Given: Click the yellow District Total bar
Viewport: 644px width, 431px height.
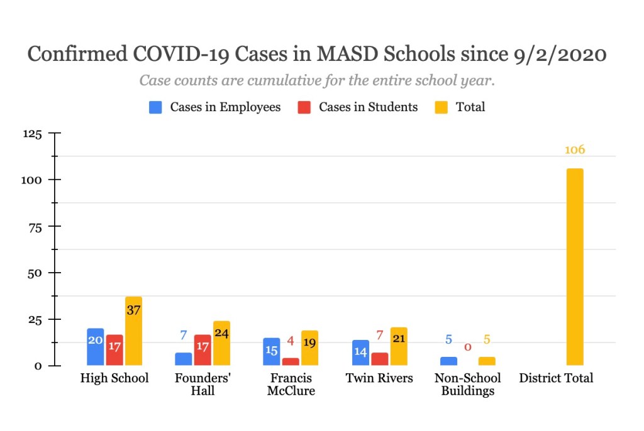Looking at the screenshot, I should [574, 267].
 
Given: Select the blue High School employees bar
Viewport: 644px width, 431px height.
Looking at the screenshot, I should [95, 347].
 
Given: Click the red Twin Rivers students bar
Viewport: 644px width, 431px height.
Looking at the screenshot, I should [380, 359].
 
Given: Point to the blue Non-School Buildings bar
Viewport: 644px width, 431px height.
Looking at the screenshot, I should [448, 361].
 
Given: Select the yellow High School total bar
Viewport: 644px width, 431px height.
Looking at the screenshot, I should [133, 331].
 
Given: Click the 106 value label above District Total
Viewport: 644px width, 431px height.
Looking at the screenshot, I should [574, 150].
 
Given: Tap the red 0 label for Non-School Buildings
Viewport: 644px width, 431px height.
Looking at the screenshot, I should [467, 347].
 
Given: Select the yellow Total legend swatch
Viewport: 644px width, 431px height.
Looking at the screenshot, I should [443, 107].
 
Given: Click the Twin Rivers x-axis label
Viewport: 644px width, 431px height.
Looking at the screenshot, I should [379, 378].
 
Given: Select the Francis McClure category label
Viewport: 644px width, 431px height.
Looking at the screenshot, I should [291, 384].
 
